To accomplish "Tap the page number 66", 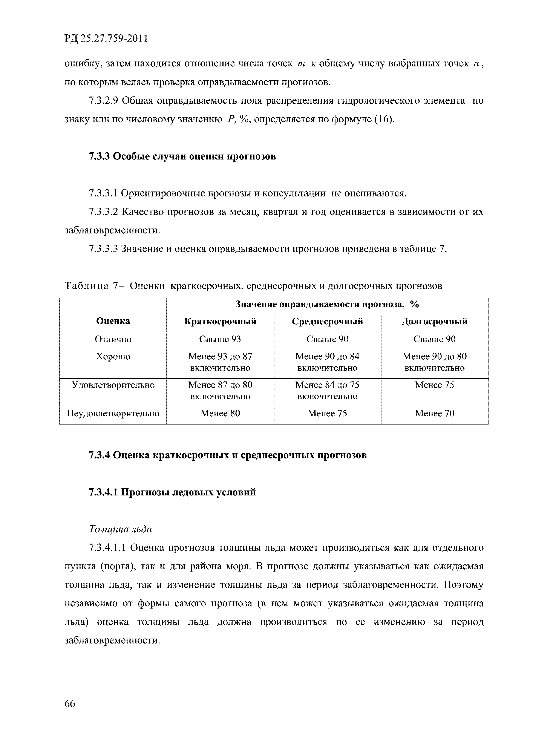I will pyautogui.click(x=70, y=704).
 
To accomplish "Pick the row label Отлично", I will pyautogui.click(x=113, y=339).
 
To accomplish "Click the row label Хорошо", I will pyautogui.click(x=113, y=356).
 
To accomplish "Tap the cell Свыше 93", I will pyautogui.click(x=220, y=339).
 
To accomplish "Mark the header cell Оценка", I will pyautogui.click(x=113, y=321).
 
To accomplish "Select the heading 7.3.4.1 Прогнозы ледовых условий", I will pyautogui.click(x=172, y=492).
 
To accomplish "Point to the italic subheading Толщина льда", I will pyautogui.click(x=120, y=529).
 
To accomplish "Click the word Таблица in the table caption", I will pyautogui.click(x=87, y=286).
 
